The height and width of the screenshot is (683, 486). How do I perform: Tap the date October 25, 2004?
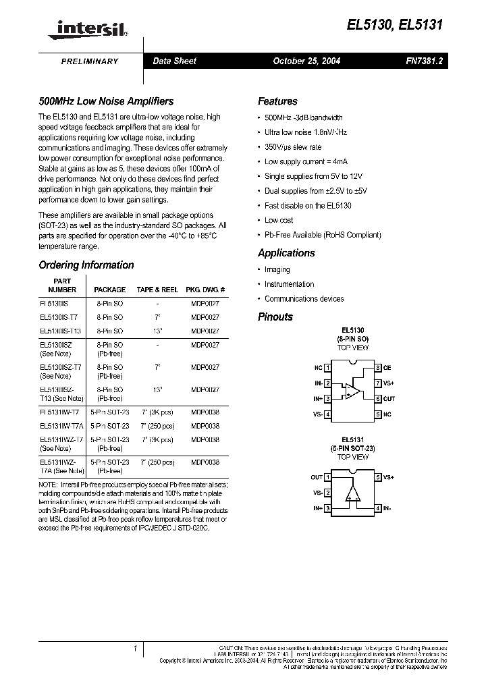[x=306, y=61]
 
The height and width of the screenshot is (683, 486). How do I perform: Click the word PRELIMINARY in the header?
[x=90, y=61]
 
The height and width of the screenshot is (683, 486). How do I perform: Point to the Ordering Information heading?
[x=86, y=265]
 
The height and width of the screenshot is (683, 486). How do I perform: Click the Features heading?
[x=277, y=101]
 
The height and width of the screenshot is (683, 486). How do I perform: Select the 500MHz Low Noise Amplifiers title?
[x=106, y=101]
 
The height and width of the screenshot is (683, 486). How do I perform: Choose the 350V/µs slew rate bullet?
[x=293, y=147]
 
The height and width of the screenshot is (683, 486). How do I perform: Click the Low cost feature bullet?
[x=279, y=220]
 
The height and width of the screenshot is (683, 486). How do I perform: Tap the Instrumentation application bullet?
[x=289, y=284]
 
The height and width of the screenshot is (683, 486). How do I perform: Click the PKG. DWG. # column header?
[x=205, y=290]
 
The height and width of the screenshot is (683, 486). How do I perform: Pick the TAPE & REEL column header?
[x=157, y=290]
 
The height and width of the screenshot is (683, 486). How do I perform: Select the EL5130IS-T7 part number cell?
[x=59, y=317]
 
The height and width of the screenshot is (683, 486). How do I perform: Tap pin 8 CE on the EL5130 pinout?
[x=382, y=368]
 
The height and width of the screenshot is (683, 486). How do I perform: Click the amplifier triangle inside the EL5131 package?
[x=352, y=493]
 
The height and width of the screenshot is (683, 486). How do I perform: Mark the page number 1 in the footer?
[x=136, y=649]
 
